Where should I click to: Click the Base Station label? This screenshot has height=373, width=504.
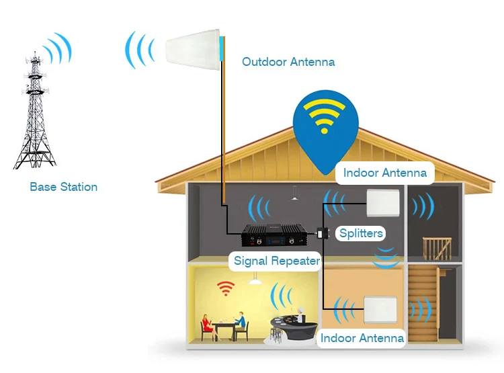pos(64,187)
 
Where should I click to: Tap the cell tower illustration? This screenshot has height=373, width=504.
pos(34,110)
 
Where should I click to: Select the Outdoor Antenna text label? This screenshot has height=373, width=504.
pos(288,62)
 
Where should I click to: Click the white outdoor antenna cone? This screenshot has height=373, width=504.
pos(193,49)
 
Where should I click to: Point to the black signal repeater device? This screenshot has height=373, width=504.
pos(274,235)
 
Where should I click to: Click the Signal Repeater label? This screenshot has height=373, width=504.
pos(277,261)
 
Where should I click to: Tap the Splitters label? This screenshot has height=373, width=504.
pos(361,233)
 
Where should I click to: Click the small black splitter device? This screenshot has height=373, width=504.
pos(323,233)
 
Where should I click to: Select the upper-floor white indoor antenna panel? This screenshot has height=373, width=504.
pos(383,202)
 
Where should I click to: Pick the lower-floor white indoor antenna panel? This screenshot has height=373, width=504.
pos(380,310)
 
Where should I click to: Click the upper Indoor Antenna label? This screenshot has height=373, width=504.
pos(385,173)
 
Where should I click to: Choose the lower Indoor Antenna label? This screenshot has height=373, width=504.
pos(362,338)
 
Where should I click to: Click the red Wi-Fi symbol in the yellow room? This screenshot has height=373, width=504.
pos(226,288)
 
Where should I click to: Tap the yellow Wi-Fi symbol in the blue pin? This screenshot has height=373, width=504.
pos(324,116)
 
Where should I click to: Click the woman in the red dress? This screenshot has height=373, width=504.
pos(208,327)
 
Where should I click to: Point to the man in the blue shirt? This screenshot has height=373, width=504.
pos(239,325)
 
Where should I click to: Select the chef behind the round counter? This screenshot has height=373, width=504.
pos(301,315)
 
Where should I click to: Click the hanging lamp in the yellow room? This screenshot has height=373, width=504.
pos(255,279)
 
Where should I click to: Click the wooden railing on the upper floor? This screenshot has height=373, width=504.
pos(437,248)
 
